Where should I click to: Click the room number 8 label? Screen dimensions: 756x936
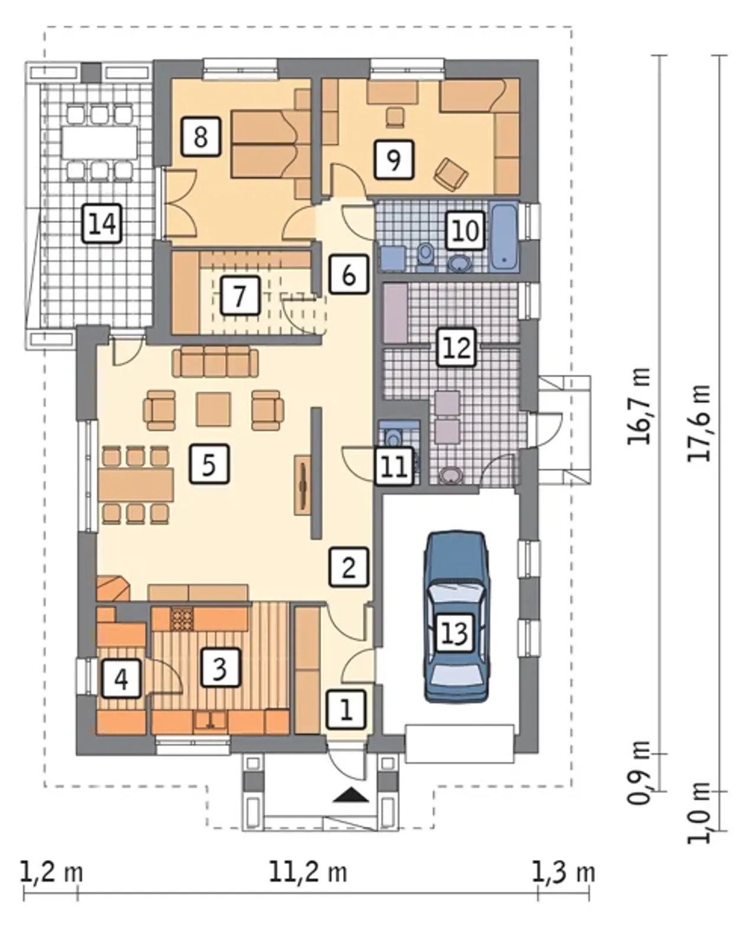[200, 136]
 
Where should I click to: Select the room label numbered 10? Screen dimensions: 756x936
[465, 230]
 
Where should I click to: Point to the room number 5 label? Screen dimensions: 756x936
[209, 464]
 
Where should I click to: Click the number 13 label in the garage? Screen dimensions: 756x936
[454, 633]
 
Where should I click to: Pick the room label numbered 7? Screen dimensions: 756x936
[240, 295]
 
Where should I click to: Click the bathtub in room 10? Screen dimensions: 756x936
[504, 237]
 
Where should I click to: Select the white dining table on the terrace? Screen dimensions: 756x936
[99, 142]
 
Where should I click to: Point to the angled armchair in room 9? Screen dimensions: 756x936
[451, 174]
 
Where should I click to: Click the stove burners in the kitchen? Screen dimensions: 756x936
[182, 619]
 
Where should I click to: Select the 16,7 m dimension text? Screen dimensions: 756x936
[638, 406]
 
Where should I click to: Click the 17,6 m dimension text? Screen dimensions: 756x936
[699, 423]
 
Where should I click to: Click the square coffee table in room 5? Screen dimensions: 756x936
[214, 409]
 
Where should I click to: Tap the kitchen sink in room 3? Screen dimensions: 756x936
[211, 720]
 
